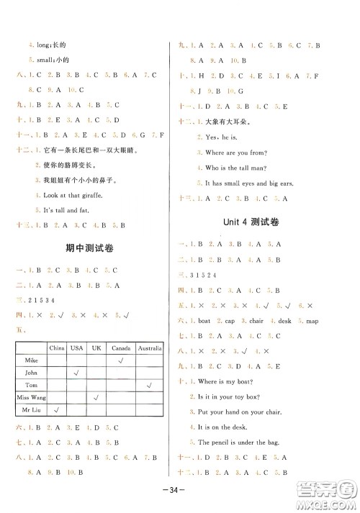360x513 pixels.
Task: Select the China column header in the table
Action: click(56, 348)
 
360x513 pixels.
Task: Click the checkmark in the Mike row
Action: click(120, 359)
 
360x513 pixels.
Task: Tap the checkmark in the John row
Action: click(76, 372)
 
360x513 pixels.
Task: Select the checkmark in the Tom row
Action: click(148, 384)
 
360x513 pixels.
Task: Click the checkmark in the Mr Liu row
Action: click(56, 409)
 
